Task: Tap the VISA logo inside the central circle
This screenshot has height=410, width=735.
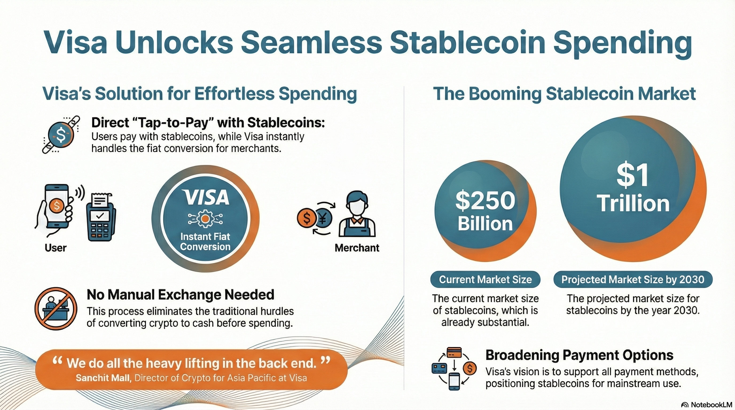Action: pyautogui.click(x=206, y=197)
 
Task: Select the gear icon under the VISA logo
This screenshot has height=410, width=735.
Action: pyautogui.click(x=205, y=219)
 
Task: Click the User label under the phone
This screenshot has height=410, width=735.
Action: pyautogui.click(x=55, y=248)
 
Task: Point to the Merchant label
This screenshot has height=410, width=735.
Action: pyautogui.click(x=357, y=248)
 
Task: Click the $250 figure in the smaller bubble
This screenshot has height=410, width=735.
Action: pyautogui.click(x=485, y=200)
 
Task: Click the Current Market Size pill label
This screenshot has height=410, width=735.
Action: pyautogui.click(x=485, y=279)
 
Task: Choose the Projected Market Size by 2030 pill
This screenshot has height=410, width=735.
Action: pyautogui.click(x=632, y=279)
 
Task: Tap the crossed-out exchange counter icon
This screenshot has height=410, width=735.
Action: pyautogui.click(x=56, y=309)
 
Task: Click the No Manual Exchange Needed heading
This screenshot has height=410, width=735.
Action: pyautogui.click(x=180, y=294)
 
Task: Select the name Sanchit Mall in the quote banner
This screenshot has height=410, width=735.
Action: pyautogui.click(x=103, y=378)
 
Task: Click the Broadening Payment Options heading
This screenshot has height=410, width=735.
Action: pyautogui.click(x=579, y=355)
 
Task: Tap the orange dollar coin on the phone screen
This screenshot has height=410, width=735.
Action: pyautogui.click(x=57, y=205)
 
